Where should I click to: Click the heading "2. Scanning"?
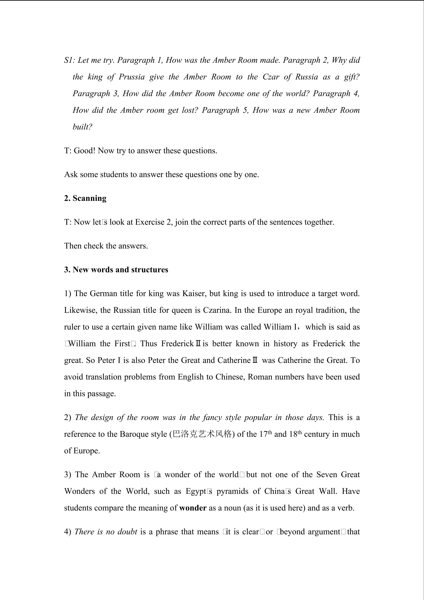pos(85,198)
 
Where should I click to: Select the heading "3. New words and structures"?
pos(116,270)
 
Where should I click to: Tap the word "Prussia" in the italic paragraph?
pos(132,77)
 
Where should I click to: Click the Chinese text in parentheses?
pos(202,434)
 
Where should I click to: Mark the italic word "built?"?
pos(82,127)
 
